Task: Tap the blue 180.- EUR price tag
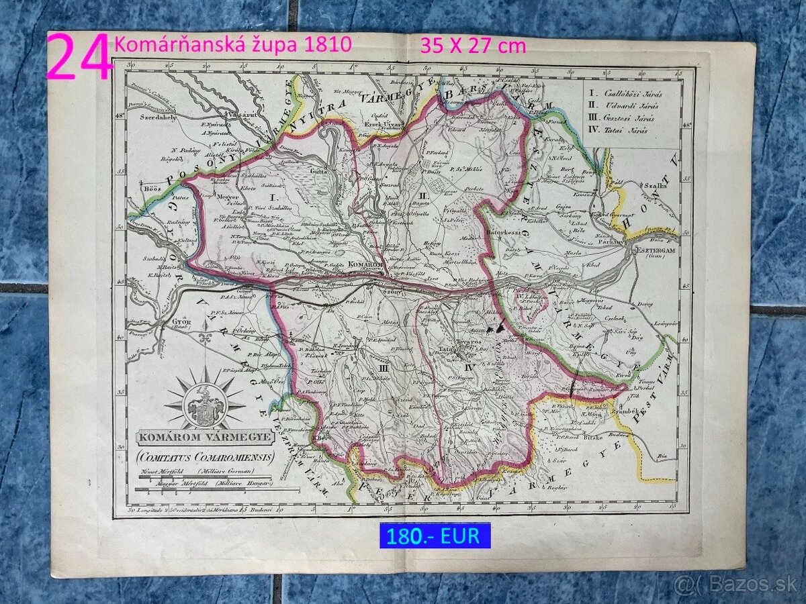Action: pos(435,536)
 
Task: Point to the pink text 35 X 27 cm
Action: pos(473,46)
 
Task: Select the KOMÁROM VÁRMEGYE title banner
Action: pos(205,438)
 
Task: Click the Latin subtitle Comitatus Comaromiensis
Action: pos(206,458)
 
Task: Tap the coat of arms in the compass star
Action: pos(205,405)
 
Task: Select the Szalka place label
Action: pos(654,186)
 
